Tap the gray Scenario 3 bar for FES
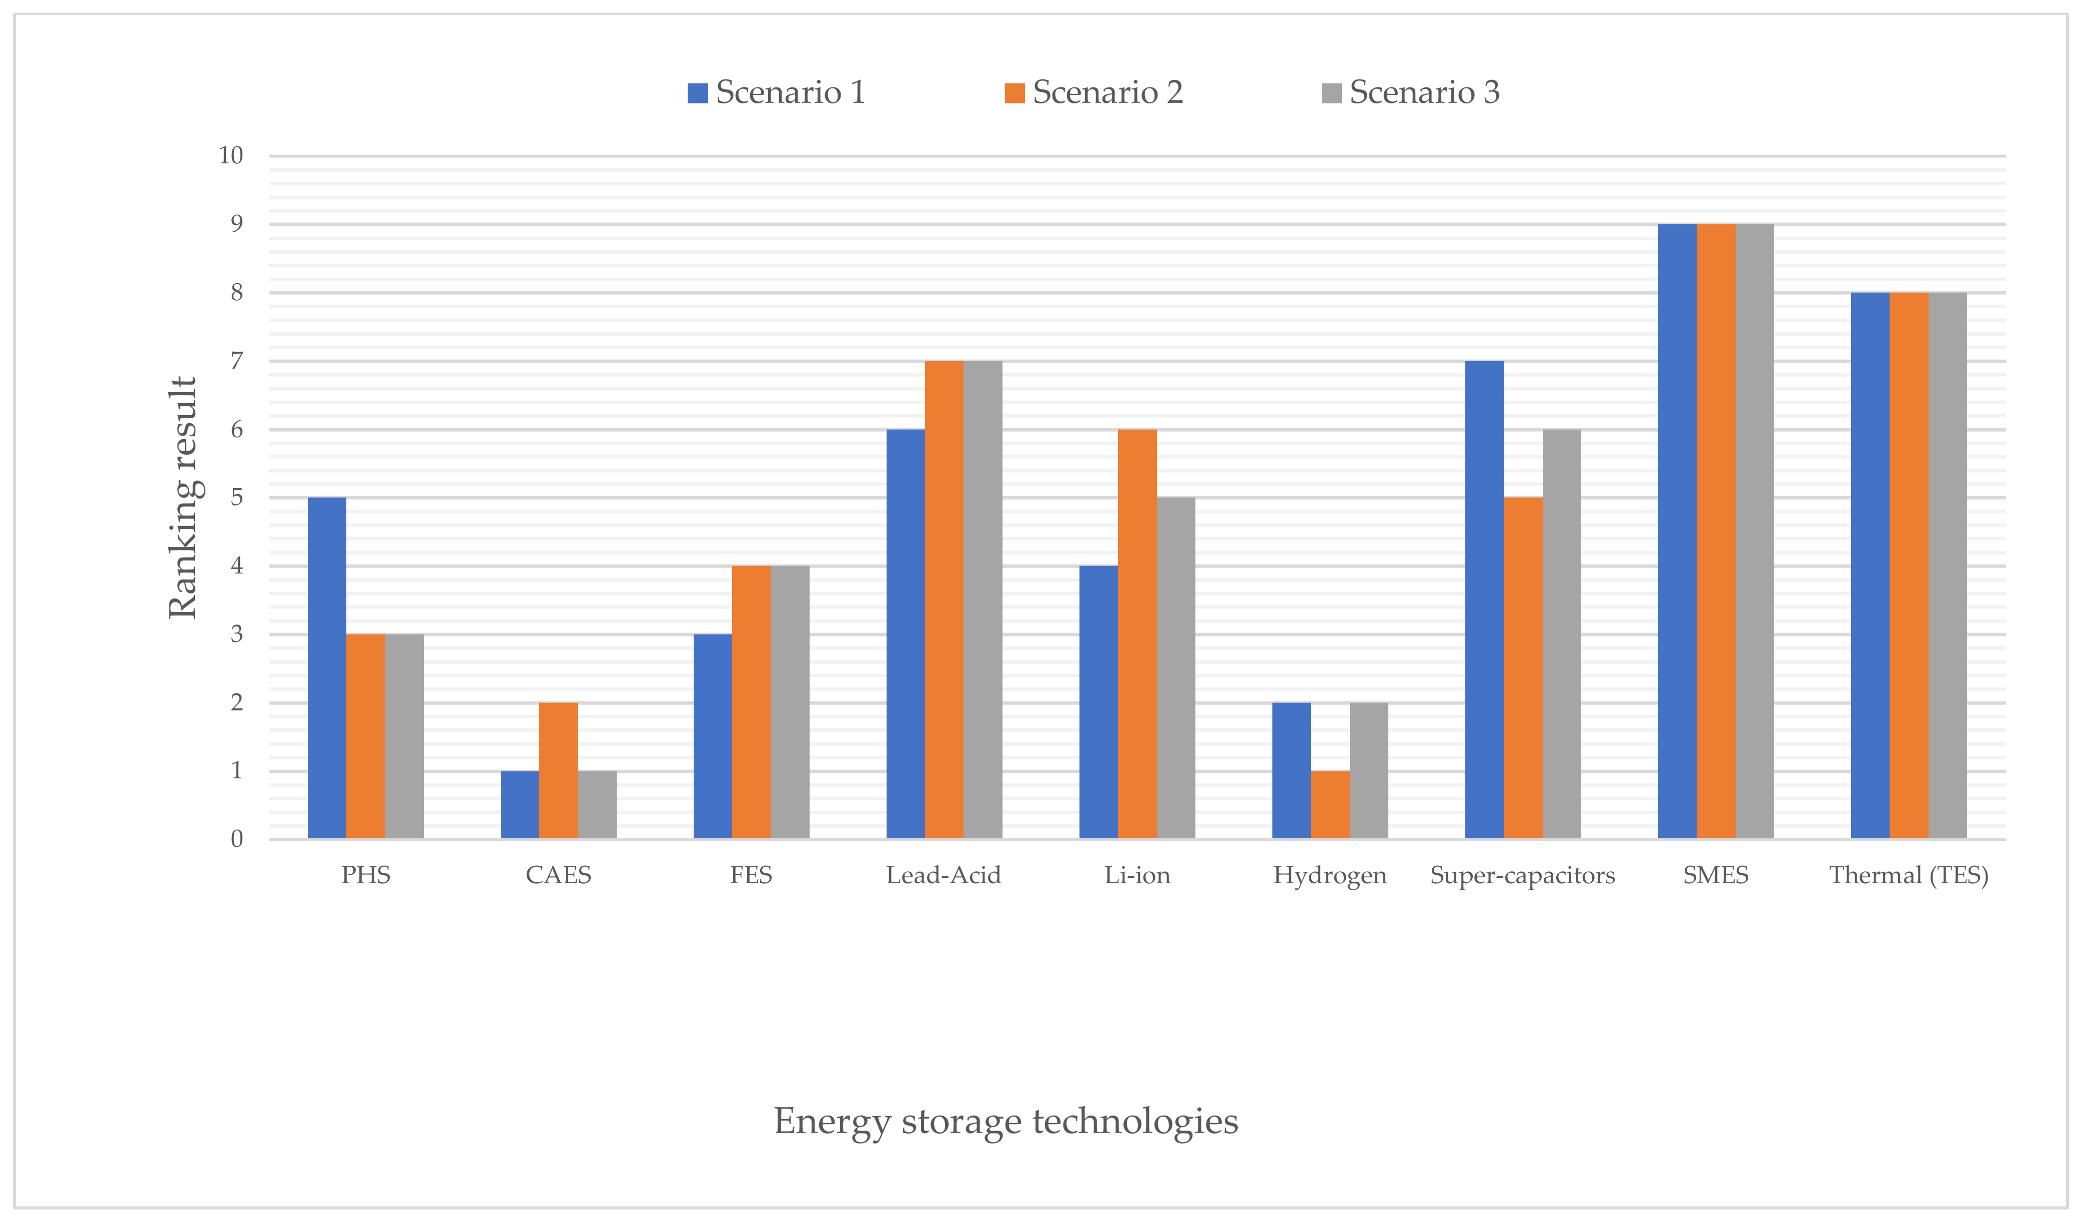[x=790, y=702]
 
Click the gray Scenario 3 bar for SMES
[x=1754, y=532]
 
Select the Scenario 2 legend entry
[x=1093, y=92]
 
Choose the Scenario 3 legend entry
[x=1410, y=92]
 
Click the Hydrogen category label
[x=1329, y=875]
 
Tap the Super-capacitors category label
[x=1523, y=875]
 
